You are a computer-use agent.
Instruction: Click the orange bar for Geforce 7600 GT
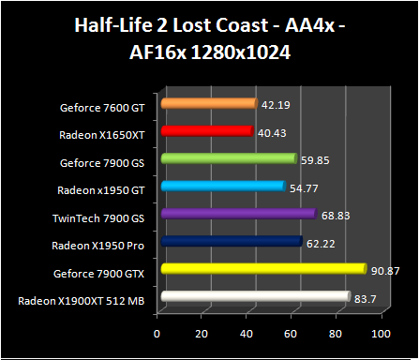(x=208, y=103)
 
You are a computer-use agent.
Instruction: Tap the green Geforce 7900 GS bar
(x=228, y=158)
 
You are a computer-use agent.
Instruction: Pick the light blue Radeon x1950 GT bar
(x=222, y=187)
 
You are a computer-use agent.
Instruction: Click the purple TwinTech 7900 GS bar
(x=238, y=214)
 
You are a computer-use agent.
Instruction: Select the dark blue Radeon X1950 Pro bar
(x=231, y=242)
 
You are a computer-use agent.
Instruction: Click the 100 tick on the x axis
(x=379, y=334)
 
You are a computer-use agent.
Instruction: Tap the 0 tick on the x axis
(x=157, y=334)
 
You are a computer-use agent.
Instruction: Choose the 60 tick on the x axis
(x=291, y=334)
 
